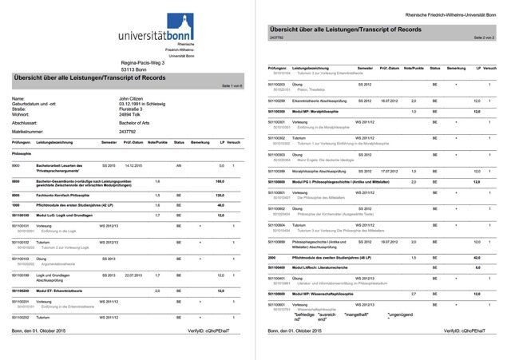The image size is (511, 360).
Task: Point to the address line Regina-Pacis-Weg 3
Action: [x=141, y=62]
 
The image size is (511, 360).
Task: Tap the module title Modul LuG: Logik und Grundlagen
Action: [x=69, y=216]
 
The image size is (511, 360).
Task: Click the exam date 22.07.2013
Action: [x=133, y=275]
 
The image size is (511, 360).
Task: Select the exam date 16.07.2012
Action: [x=389, y=101]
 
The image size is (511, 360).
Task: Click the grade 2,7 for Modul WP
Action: [x=414, y=295]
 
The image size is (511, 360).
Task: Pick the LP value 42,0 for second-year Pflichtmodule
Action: [x=477, y=258]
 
